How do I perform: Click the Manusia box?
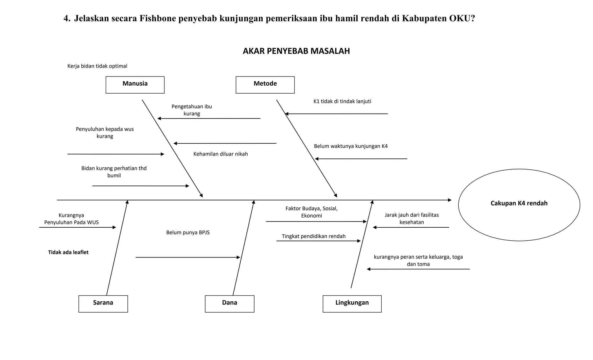135,85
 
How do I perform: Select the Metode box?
265,85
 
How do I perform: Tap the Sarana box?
103,304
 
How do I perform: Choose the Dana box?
229,304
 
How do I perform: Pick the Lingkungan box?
352,304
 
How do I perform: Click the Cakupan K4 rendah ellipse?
519,205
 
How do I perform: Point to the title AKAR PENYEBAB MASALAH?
296,51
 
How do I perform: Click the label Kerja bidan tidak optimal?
97,66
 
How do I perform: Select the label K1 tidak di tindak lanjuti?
342,101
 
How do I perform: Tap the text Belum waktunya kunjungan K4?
351,146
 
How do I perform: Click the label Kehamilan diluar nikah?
221,154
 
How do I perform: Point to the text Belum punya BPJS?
188,233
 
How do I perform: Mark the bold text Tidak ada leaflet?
68,252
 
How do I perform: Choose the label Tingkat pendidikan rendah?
314,236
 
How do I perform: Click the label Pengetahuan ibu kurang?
192,110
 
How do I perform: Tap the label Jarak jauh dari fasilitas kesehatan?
411,219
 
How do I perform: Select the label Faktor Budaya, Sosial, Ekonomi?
312,212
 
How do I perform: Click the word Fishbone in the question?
158,19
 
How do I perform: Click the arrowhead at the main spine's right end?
450,200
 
